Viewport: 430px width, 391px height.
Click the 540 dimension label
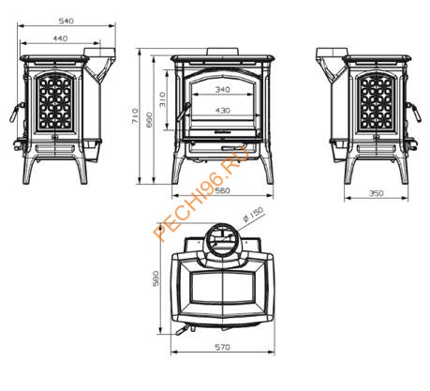click(x=67, y=21)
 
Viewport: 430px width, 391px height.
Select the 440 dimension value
click(x=60, y=38)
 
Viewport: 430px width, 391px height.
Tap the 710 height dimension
click(x=135, y=115)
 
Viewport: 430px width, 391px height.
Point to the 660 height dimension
click(x=149, y=120)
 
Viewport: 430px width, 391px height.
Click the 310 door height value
click(x=162, y=99)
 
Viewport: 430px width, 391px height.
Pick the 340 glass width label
click(x=223, y=90)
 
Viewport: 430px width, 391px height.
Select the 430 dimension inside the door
click(x=223, y=111)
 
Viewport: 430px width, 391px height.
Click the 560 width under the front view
click(x=223, y=190)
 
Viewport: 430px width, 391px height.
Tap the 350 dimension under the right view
click(x=376, y=193)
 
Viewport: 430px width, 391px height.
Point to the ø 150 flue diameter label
click(x=253, y=214)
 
